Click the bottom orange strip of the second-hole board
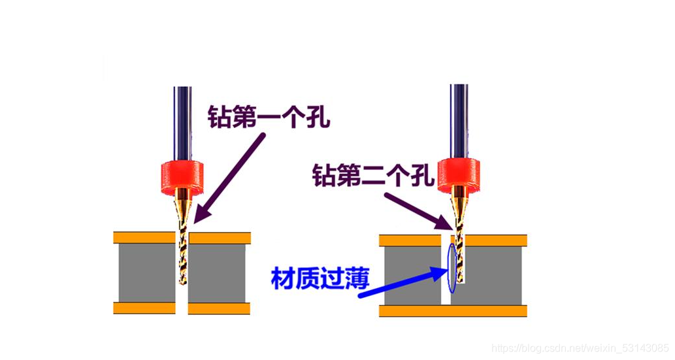(453, 310)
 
